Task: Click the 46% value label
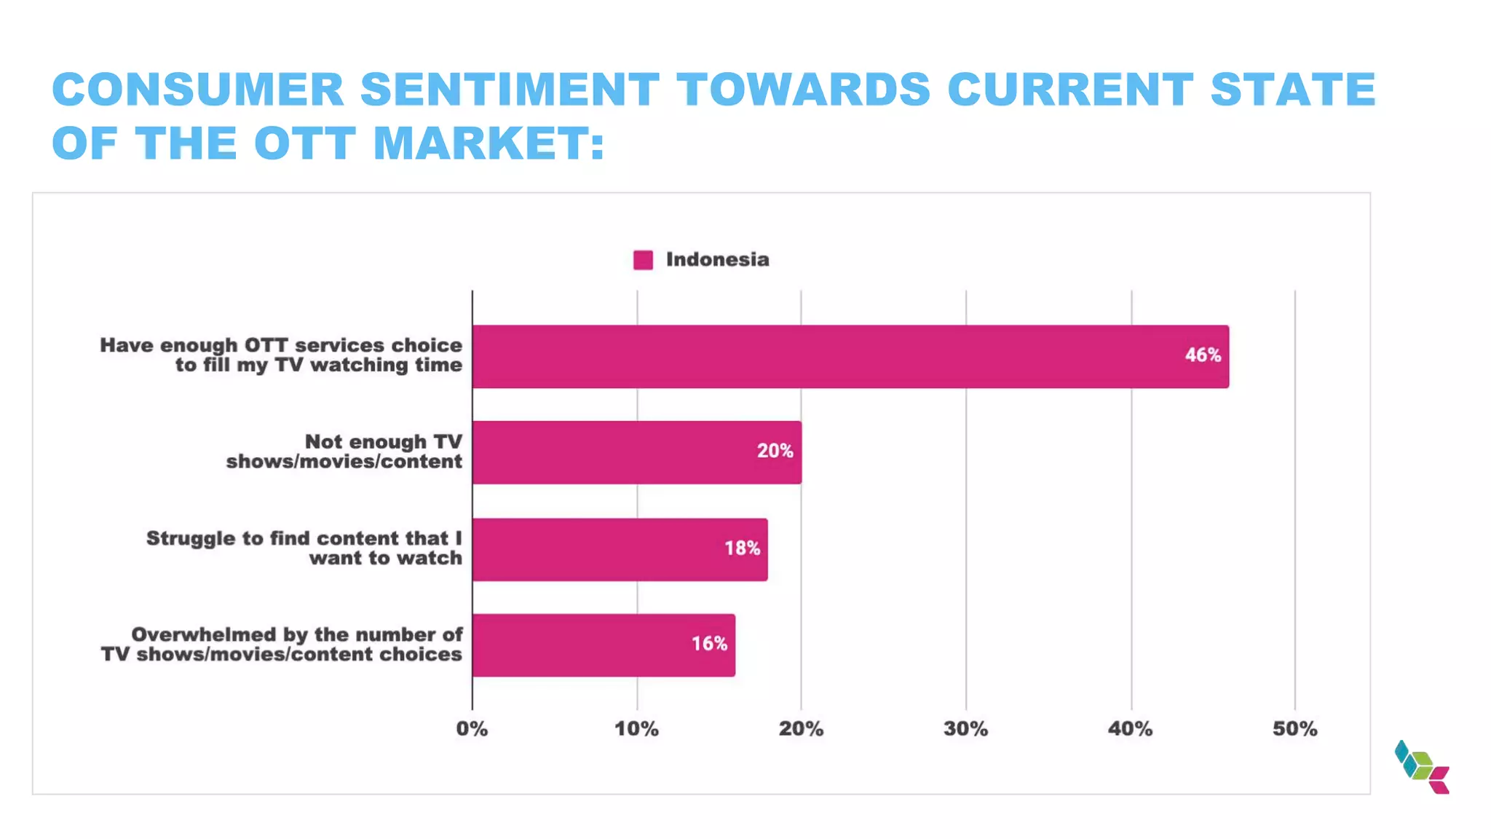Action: [1202, 355]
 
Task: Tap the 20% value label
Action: [775, 452]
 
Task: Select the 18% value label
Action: [742, 548]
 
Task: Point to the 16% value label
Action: [709, 644]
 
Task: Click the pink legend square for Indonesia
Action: [643, 260]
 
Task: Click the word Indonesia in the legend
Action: [717, 260]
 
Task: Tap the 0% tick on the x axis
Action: [472, 729]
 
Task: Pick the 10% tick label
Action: [636, 729]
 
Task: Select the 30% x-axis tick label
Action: [965, 729]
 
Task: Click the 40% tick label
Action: [1130, 729]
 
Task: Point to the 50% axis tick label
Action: [1294, 729]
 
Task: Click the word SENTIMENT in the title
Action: [510, 90]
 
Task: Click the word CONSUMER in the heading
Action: [197, 90]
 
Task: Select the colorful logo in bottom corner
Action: [1422, 767]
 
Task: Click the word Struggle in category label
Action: [190, 539]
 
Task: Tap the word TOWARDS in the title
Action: [804, 90]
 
